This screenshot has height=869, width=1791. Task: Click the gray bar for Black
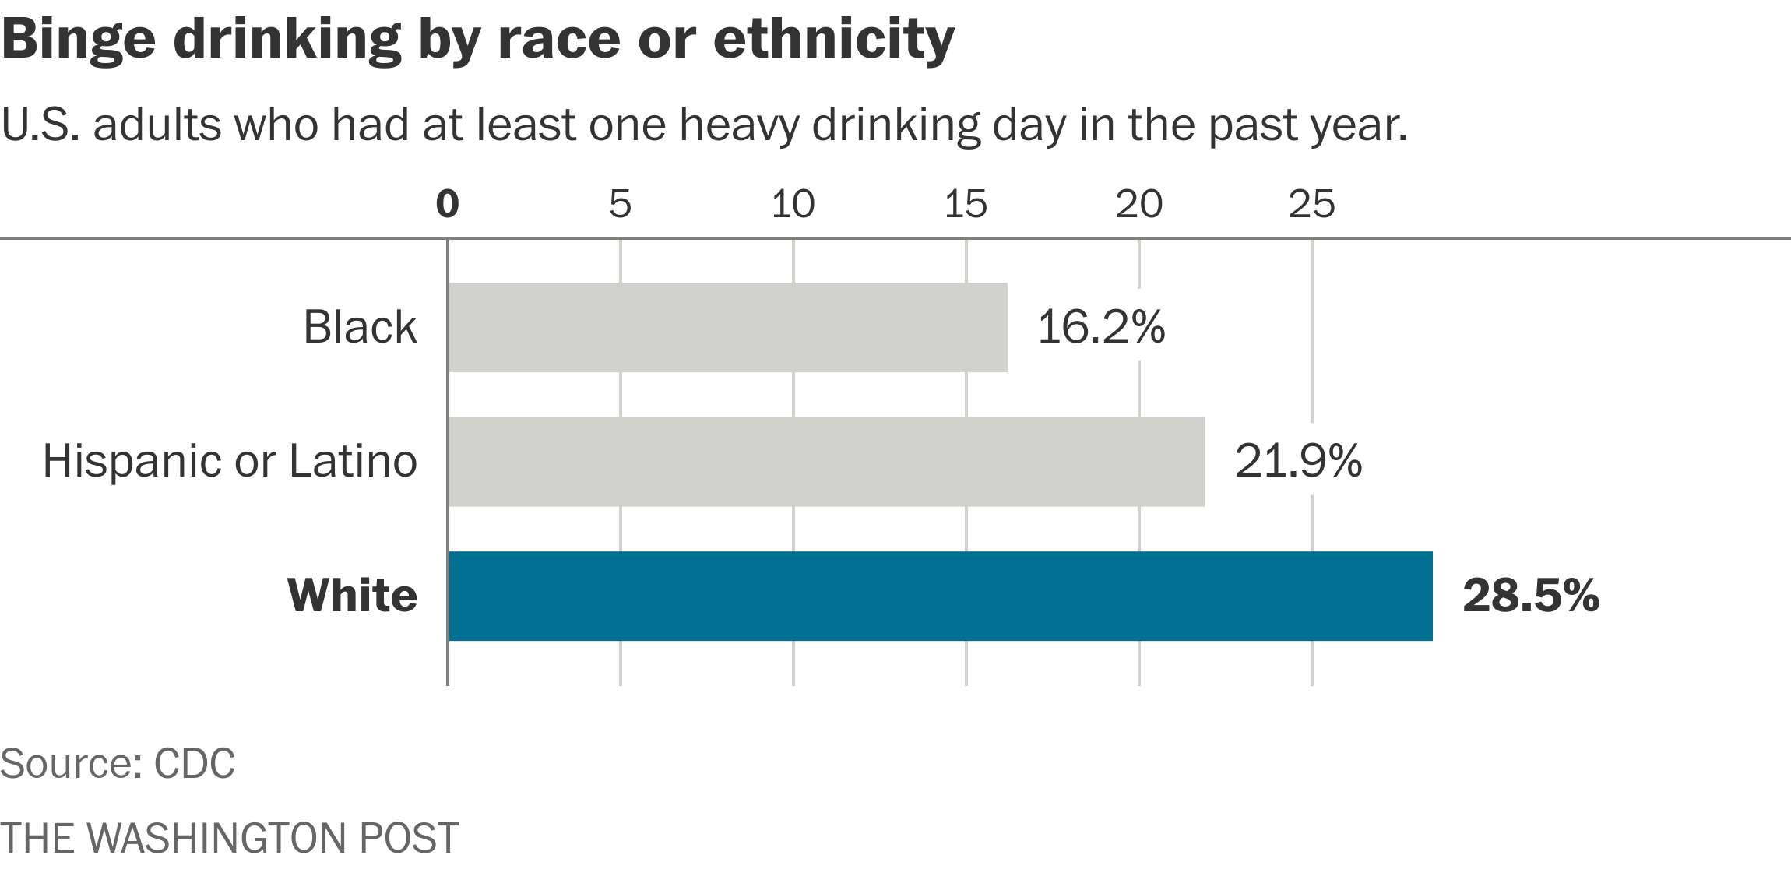727,327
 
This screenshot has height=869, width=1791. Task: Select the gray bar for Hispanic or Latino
825,462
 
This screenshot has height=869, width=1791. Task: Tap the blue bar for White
940,596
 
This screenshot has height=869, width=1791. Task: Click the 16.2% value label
1101,327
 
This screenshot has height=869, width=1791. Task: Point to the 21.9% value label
1298,462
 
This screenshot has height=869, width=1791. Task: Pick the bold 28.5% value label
1530,596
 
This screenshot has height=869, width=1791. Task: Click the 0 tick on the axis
448,204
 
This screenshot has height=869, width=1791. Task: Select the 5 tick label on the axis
620,204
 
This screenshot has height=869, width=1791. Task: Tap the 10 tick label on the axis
793,204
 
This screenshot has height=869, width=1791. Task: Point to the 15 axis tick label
966,204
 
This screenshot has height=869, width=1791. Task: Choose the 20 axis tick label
1138,204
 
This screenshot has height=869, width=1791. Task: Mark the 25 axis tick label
1311,204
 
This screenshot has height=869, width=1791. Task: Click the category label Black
360,327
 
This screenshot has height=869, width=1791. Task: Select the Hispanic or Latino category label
230,462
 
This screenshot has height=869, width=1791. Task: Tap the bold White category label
353,596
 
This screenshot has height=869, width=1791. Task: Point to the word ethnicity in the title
833,39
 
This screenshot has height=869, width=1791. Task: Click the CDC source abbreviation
195,764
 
